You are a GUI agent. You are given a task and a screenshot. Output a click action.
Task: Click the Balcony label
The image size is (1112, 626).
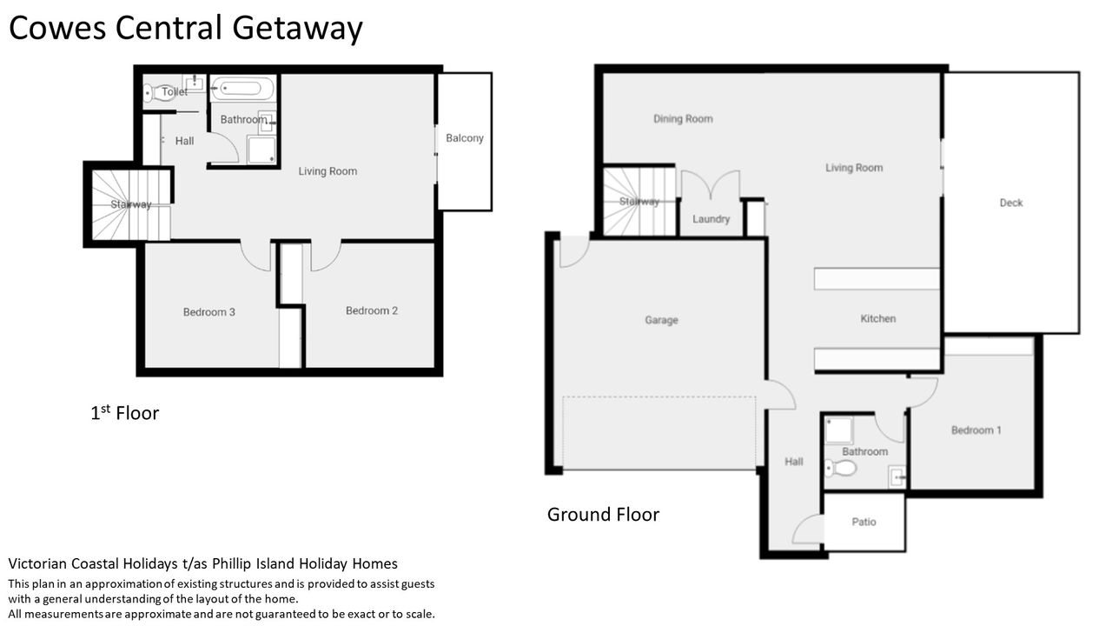pyautogui.click(x=464, y=138)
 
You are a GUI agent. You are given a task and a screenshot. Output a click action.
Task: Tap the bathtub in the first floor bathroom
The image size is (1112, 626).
pyautogui.click(x=242, y=89)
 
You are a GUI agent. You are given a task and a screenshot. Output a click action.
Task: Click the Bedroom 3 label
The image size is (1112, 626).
pyautogui.click(x=209, y=312)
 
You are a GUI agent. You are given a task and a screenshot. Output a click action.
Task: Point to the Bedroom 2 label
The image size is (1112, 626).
pyautogui.click(x=372, y=310)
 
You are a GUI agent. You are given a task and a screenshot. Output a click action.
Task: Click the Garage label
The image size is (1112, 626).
pyautogui.click(x=661, y=320)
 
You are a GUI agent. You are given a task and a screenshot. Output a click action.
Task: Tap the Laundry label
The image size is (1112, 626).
pyautogui.click(x=711, y=219)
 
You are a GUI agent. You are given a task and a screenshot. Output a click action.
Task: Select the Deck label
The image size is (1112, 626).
pyautogui.click(x=1010, y=203)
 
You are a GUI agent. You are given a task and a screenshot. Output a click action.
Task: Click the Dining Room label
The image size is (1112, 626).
pyautogui.click(x=683, y=119)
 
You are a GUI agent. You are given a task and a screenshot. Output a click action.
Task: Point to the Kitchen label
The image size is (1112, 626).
pyautogui.click(x=877, y=318)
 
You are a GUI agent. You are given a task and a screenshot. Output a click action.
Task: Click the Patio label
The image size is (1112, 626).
pyautogui.click(x=864, y=522)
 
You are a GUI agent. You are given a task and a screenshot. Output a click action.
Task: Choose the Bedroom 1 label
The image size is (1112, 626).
pyautogui.click(x=976, y=430)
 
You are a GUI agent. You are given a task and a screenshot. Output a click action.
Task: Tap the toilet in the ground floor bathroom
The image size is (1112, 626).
pyautogui.click(x=840, y=468)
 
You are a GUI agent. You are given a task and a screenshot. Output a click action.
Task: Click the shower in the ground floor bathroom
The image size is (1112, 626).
pyautogui.click(x=838, y=430)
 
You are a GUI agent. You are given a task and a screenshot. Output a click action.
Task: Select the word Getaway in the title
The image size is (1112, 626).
pyautogui.click(x=297, y=29)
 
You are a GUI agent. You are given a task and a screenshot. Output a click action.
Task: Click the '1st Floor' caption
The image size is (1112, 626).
pyautogui.click(x=124, y=413)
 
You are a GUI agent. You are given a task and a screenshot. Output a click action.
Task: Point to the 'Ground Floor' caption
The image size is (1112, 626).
pyautogui.click(x=603, y=515)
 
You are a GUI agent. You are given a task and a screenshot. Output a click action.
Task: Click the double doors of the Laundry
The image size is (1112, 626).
pyautogui.click(x=711, y=185)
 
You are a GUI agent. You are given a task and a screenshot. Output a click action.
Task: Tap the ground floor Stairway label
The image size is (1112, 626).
pyautogui.click(x=639, y=202)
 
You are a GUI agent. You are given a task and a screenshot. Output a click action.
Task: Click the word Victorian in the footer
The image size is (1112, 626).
pyautogui.click(x=38, y=563)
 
